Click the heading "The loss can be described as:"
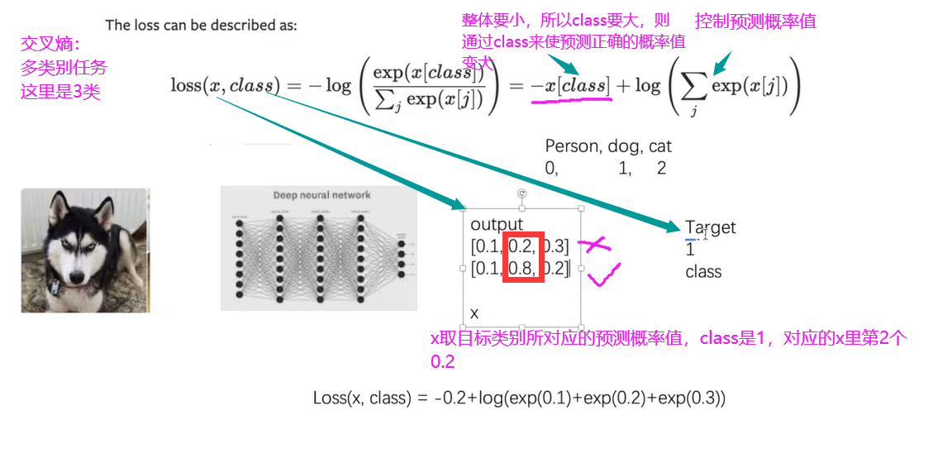coord(201,25)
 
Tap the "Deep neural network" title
coord(321,195)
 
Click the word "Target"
coord(710,227)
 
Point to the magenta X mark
coord(594,244)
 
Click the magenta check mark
coord(605,274)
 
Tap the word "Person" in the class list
coord(572,146)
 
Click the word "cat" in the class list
coord(660,146)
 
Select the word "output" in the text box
coord(497,224)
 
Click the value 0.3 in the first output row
coord(556,246)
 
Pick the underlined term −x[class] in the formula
coord(570,85)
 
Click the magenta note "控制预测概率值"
coord(755,21)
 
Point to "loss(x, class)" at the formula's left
coord(223,85)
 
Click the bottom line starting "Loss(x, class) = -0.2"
coord(519,398)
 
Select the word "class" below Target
coord(703,272)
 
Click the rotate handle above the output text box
coord(521,193)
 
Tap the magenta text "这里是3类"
coord(60,92)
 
